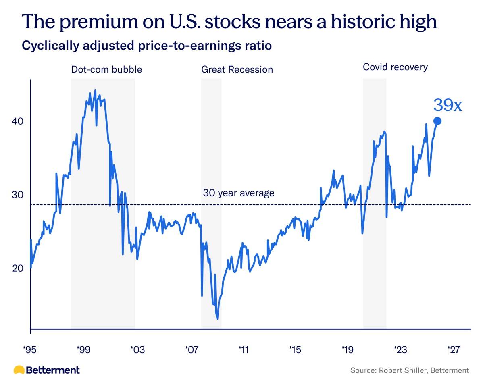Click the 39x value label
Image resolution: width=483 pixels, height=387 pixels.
(x=447, y=105)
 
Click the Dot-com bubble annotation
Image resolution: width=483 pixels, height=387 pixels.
(x=106, y=69)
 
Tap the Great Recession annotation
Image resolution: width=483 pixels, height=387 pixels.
(x=237, y=69)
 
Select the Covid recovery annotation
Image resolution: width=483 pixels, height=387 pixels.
(x=395, y=67)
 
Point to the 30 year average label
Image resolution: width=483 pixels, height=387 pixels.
(x=239, y=193)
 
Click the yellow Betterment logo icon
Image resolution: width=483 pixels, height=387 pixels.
(x=19, y=370)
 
